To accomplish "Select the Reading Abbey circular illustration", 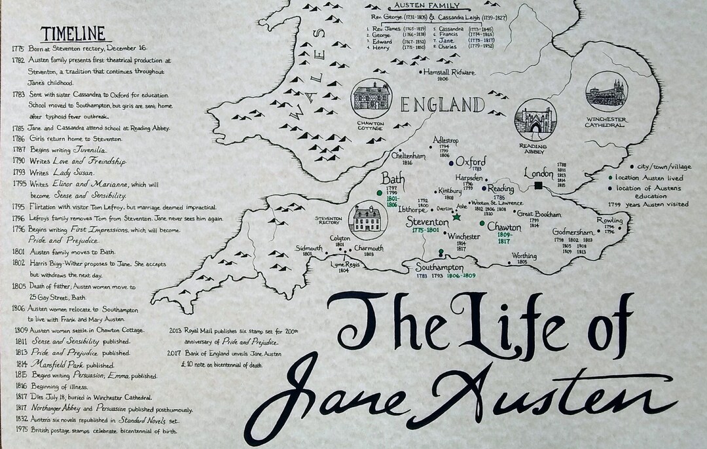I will click(x=536, y=120).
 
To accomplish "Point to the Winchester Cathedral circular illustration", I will click(x=606, y=91).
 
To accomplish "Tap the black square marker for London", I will click(x=538, y=187).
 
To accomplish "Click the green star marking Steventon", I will click(x=457, y=217).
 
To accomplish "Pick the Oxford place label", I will click(x=471, y=162).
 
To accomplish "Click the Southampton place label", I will click(x=440, y=267).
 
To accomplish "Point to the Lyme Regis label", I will click(x=346, y=264).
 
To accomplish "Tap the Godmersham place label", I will click(x=573, y=232).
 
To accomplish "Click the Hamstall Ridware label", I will click(x=449, y=72).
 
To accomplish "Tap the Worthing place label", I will click(x=524, y=255).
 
